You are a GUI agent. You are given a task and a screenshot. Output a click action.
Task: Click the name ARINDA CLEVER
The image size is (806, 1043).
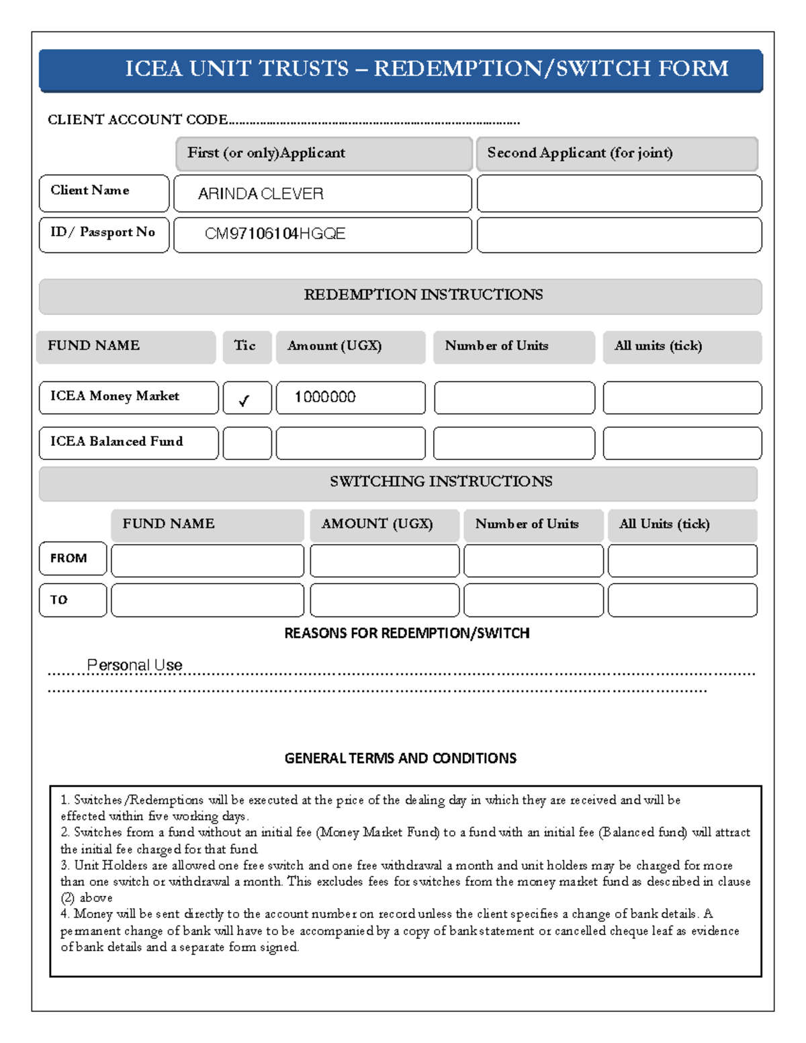point(261,194)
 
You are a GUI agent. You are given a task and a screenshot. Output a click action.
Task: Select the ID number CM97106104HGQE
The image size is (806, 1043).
point(275,234)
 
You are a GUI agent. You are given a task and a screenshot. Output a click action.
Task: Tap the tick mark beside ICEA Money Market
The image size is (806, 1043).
point(244,400)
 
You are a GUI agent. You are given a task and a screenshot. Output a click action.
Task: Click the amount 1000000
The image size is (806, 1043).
point(325,397)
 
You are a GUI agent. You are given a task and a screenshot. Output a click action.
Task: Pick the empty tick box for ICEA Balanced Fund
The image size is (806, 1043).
point(247,443)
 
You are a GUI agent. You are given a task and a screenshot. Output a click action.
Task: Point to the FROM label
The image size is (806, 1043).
point(69,558)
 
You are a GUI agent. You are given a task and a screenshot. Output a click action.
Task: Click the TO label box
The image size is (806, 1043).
point(73,600)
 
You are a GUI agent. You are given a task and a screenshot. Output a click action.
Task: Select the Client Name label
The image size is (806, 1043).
point(90,191)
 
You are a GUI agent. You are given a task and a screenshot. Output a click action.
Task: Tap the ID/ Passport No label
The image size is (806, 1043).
point(103,232)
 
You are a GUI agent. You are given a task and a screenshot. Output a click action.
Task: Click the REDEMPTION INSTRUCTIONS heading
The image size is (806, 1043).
point(423,295)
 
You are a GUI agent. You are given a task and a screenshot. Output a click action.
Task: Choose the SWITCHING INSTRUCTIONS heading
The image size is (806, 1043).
point(441,482)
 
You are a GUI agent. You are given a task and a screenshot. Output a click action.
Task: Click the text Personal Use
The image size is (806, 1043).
point(135,665)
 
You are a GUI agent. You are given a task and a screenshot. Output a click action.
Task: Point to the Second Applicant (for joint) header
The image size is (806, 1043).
point(580,153)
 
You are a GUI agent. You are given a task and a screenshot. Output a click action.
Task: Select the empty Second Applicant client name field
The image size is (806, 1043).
point(619,194)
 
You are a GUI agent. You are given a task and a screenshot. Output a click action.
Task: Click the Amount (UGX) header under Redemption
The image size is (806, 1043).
point(334,346)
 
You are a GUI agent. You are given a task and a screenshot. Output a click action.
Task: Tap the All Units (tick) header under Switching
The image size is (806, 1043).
point(664,524)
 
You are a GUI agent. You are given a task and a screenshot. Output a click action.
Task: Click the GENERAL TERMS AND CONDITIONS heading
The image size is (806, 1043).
point(400,758)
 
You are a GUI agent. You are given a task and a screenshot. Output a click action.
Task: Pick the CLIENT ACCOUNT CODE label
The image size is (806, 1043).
point(138,120)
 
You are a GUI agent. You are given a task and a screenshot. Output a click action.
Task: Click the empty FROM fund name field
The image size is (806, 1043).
point(207,561)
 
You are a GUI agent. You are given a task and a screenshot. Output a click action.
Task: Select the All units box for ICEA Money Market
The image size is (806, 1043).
point(682,398)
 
